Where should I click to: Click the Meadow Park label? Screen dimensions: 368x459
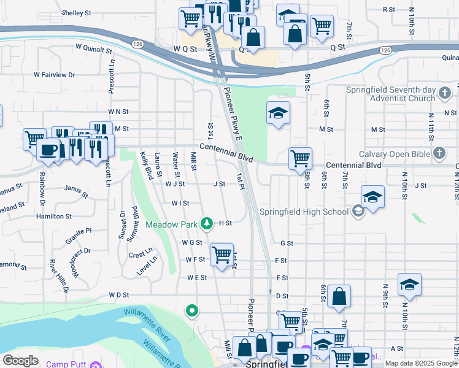pyautogui.click(x=171, y=224)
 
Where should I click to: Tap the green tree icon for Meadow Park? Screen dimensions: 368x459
pyautogui.click(x=208, y=223)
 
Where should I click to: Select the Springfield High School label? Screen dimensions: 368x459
pyautogui.click(x=304, y=212)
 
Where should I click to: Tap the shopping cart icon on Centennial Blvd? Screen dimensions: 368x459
pyautogui.click(x=300, y=158)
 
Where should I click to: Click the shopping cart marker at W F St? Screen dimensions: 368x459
pyautogui.click(x=222, y=254)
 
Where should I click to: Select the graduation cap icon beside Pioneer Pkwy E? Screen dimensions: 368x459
pyautogui.click(x=278, y=113)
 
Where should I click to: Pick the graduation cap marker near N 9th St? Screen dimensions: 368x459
pyautogui.click(x=409, y=285)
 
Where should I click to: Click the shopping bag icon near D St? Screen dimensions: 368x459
pyautogui.click(x=339, y=297)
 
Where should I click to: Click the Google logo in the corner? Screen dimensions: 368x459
pyautogui.click(x=20, y=361)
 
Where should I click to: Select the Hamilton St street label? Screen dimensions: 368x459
pyautogui.click(x=55, y=217)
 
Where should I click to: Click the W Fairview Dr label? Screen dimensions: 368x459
pyautogui.click(x=54, y=74)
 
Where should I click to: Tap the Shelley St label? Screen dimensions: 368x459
pyautogui.click(x=76, y=12)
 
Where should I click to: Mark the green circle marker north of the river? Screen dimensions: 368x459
pyautogui.click(x=192, y=312)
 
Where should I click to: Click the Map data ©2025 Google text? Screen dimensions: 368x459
pyautogui.click(x=420, y=363)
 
